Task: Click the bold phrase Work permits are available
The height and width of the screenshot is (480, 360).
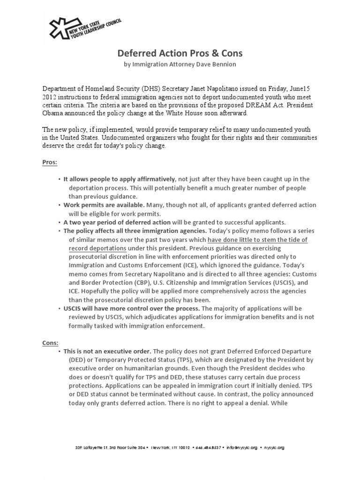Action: pos(104,205)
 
